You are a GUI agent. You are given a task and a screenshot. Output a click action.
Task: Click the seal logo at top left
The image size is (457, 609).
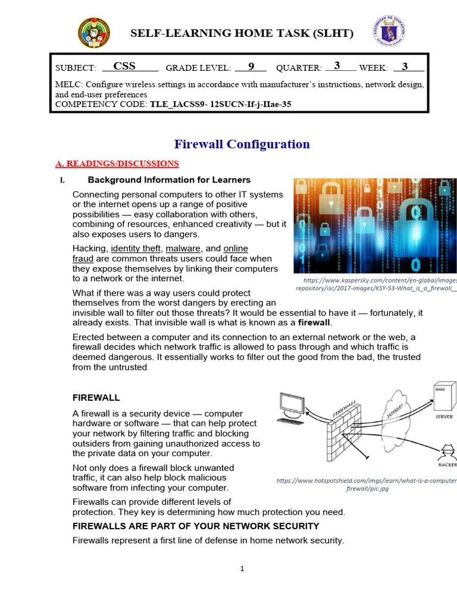click(x=94, y=33)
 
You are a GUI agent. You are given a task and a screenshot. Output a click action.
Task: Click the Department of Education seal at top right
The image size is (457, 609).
click(x=389, y=33)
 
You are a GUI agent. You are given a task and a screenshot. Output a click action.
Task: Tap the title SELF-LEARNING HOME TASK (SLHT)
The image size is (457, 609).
click(x=242, y=33)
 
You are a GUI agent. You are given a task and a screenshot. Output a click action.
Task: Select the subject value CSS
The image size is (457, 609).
click(x=124, y=67)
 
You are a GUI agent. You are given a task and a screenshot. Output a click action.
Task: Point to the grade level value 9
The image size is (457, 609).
click(x=251, y=67)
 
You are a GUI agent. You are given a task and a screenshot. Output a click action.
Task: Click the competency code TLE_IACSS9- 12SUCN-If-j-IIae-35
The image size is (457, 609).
click(x=221, y=105)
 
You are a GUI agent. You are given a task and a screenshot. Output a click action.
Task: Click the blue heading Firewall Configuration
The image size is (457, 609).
click(x=242, y=144)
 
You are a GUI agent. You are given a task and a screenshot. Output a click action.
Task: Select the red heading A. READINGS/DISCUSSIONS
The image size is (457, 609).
click(x=117, y=164)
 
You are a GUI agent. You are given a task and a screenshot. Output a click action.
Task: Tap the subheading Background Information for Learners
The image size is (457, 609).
click(x=169, y=180)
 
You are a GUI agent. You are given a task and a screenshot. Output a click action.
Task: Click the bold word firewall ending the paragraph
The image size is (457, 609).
click(x=314, y=322)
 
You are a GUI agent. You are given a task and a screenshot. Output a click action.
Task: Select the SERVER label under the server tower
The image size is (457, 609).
click(x=444, y=417)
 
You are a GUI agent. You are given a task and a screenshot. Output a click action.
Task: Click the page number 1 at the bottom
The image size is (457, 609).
click(x=242, y=569)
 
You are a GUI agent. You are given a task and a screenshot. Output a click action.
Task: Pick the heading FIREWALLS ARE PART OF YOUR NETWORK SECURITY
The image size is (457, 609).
click(x=196, y=526)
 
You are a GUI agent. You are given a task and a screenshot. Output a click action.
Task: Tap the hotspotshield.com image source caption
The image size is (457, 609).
click(x=367, y=484)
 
